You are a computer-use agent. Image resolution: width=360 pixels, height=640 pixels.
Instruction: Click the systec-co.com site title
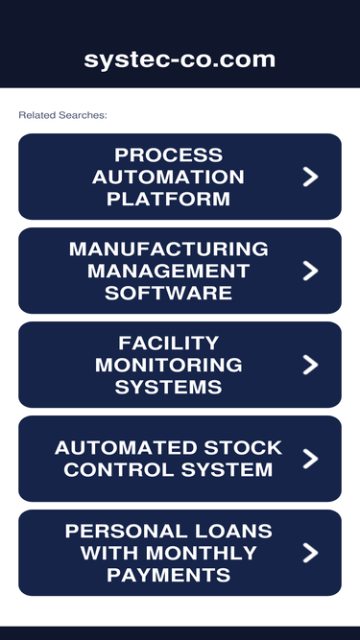coord(180,59)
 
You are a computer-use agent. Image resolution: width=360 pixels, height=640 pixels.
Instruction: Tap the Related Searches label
coord(62,115)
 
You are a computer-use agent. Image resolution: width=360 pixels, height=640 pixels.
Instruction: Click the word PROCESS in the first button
coord(168,154)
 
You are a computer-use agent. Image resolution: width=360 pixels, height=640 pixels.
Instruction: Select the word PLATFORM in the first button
coord(168,199)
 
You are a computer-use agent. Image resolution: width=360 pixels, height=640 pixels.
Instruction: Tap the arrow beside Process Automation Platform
coord(309,177)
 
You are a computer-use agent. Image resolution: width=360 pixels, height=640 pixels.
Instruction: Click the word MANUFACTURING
coord(168,249)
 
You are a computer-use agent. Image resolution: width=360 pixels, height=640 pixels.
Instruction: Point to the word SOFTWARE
coord(168,293)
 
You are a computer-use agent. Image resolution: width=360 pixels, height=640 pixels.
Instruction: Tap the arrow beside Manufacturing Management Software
coord(309,271)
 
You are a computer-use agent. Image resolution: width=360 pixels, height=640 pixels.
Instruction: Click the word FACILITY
coord(168,343)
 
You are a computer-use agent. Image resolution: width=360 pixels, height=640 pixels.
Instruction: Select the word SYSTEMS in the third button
coord(168,387)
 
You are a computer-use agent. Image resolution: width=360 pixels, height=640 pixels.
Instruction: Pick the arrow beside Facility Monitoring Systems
coord(309,365)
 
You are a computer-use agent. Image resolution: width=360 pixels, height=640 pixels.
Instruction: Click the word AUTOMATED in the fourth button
coord(115,448)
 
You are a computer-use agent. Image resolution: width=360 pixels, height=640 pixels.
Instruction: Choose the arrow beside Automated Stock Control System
coord(309,459)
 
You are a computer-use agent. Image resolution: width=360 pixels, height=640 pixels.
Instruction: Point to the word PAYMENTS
coord(168,575)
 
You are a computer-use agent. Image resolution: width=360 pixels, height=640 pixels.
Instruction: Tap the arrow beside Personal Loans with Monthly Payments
coord(309,553)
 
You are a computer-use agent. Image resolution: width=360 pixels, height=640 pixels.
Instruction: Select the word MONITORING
coord(168,365)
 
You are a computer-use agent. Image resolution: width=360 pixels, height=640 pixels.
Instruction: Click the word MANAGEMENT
coord(168,271)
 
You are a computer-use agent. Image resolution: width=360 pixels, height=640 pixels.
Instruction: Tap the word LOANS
coord(240,531)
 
